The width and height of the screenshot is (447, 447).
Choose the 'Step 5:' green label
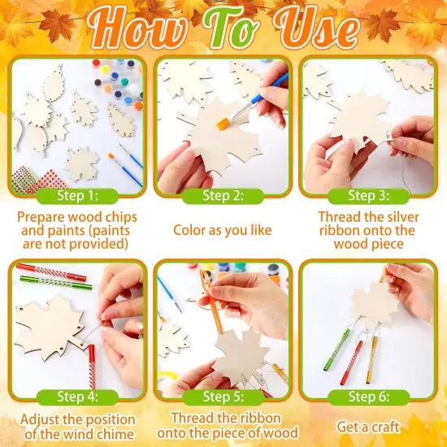tap(222, 397)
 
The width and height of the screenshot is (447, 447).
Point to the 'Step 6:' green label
tap(367, 397)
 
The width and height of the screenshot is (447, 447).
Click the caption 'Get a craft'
tap(367, 425)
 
